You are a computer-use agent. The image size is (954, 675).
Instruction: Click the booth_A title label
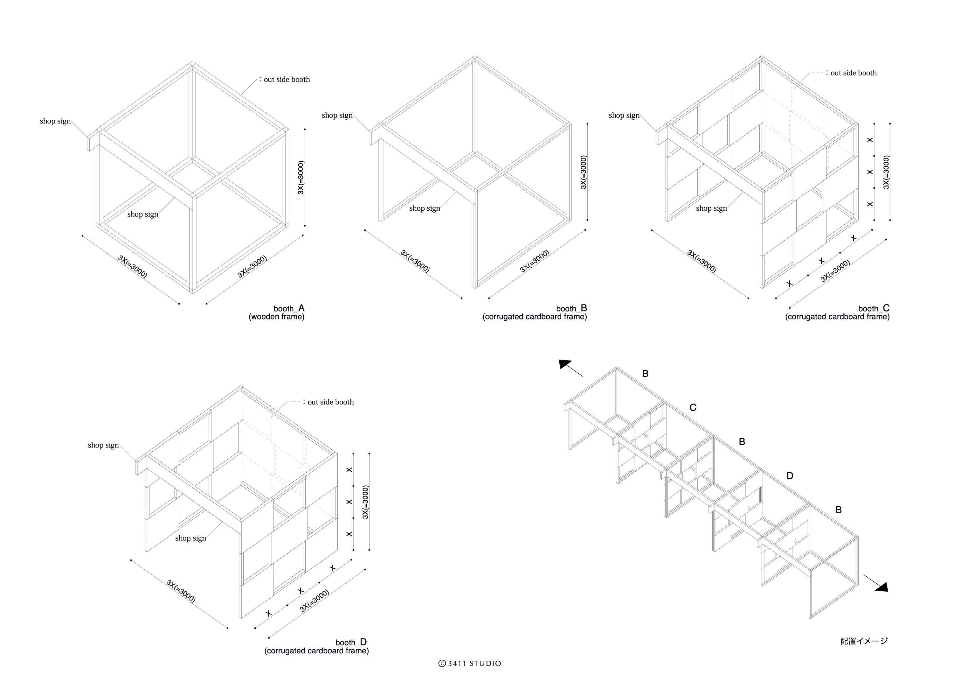click(289, 309)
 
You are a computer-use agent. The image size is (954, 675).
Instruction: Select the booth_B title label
click(571, 309)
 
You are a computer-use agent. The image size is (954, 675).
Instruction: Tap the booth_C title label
click(874, 309)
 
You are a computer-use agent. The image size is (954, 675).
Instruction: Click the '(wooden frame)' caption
click(276, 317)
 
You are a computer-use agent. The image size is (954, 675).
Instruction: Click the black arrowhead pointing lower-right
click(882, 587)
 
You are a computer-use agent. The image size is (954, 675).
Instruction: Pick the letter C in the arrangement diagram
click(693, 408)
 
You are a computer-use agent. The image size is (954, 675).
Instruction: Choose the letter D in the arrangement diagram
click(790, 476)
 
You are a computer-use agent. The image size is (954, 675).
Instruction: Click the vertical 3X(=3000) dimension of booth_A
click(301, 178)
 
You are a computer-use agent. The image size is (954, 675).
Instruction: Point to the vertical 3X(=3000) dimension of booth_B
click(584, 172)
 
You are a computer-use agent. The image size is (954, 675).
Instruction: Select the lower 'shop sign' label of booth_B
click(424, 208)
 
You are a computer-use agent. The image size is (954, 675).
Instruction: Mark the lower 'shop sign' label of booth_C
click(711, 208)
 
